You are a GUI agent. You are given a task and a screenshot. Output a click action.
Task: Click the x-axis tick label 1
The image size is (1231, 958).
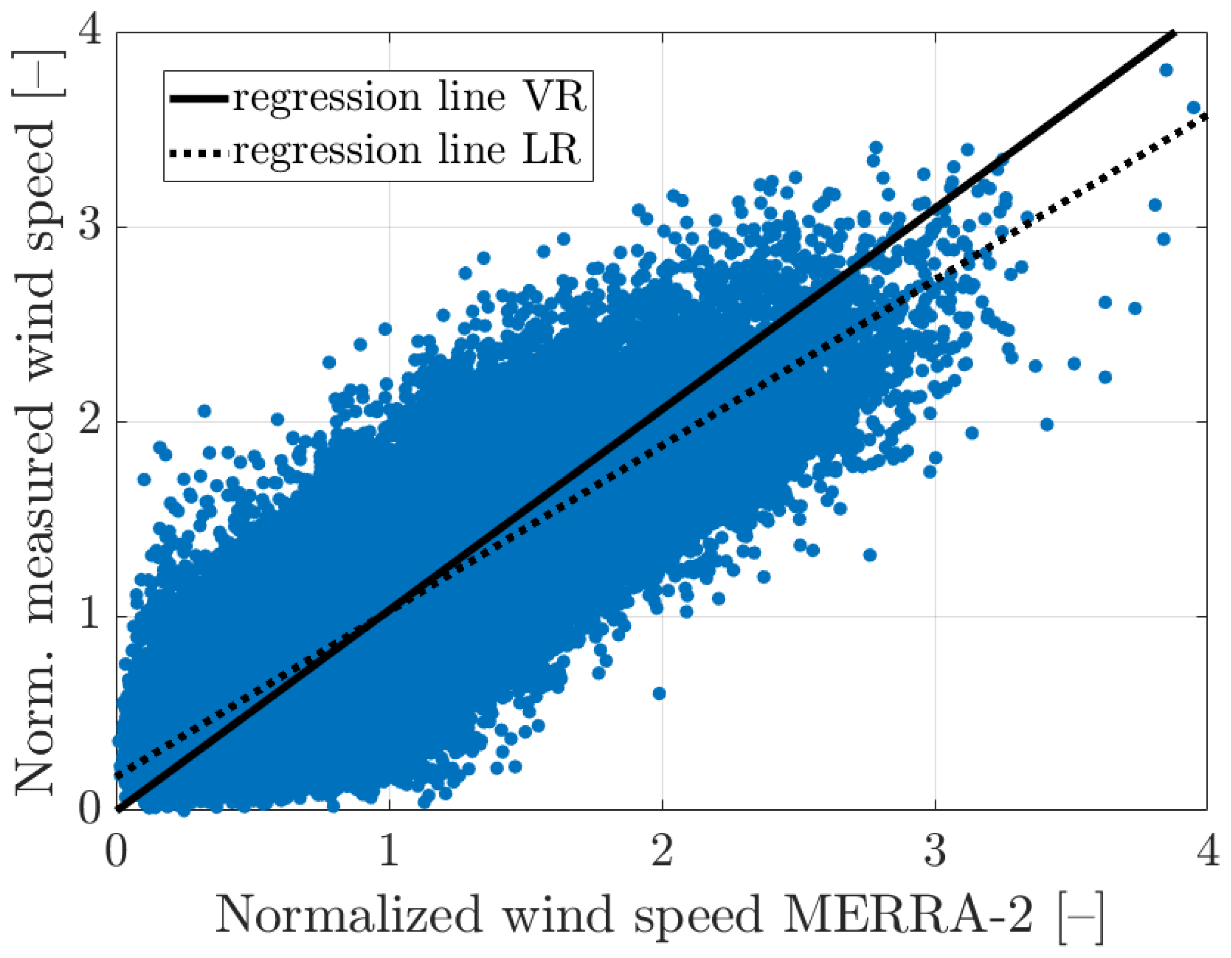[389, 851]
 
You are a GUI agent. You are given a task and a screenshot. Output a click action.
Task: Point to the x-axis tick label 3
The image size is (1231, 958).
[935, 851]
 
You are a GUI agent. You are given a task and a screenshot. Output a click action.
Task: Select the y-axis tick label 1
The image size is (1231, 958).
[90, 616]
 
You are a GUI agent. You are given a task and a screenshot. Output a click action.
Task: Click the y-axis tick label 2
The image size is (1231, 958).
[90, 422]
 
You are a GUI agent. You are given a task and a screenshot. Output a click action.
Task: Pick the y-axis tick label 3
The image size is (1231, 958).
[90, 227]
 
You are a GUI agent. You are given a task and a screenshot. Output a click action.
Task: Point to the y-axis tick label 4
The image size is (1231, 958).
[90, 32]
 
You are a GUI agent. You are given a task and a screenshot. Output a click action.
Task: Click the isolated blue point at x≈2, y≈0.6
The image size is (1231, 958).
[659, 693]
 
